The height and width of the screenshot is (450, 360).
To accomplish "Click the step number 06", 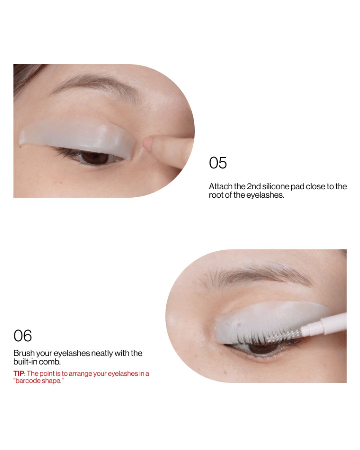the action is click(23, 336).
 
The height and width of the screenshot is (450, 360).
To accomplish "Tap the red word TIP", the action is click(19, 373).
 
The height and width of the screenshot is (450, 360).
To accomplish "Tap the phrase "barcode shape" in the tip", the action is click(38, 381).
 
